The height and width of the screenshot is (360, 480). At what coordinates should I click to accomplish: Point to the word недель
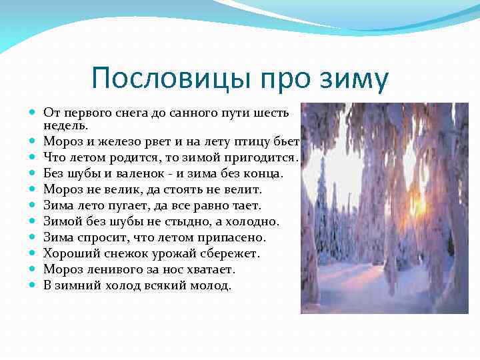[65, 125]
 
